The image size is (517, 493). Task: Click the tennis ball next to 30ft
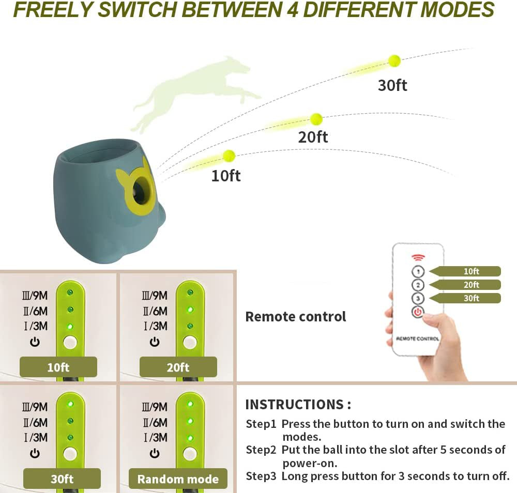[394, 61]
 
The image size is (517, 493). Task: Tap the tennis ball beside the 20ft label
[316, 119]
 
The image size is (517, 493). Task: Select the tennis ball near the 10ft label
[229, 156]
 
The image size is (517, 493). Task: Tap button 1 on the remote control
[418, 271]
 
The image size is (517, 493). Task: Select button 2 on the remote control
[418, 285]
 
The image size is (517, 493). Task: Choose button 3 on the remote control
[418, 298]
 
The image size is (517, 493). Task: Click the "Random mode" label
[178, 479]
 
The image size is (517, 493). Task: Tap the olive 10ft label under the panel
[58, 367]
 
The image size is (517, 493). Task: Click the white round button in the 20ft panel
[190, 342]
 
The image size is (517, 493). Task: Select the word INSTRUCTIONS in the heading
[294, 404]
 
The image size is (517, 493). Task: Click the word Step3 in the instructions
[261, 476]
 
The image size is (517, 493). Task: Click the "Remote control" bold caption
[295, 316]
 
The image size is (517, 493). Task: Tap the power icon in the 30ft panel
[35, 453]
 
